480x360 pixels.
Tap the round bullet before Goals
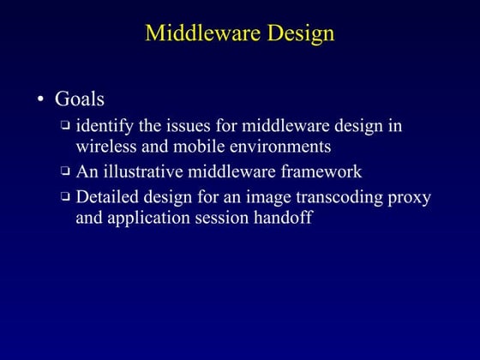point(39,100)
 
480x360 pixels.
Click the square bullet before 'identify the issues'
point(65,126)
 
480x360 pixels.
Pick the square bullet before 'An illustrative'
point(65,171)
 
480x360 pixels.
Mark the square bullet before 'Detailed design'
point(65,197)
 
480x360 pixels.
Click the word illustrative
point(151,171)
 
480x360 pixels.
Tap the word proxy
point(409,198)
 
